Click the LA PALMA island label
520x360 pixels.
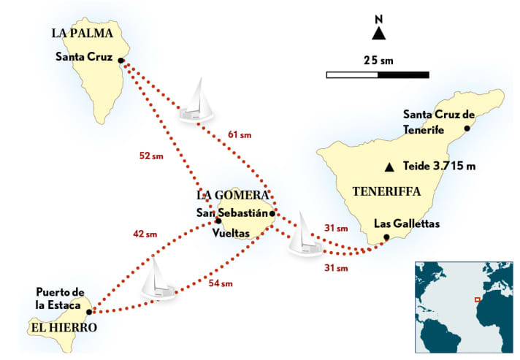82,33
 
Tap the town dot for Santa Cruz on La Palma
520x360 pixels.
121,61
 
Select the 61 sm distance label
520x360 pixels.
240,134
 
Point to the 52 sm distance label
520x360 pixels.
150,156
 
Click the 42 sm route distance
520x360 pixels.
145,234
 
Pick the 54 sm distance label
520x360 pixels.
221,283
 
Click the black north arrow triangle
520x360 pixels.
378,34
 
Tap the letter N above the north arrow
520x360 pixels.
378,18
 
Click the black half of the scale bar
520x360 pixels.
403,74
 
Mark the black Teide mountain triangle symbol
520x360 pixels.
390,166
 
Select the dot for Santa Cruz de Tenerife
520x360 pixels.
467,129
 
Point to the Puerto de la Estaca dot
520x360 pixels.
89,311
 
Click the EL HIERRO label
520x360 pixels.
64,328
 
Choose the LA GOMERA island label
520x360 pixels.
232,196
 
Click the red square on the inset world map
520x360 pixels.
477,299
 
